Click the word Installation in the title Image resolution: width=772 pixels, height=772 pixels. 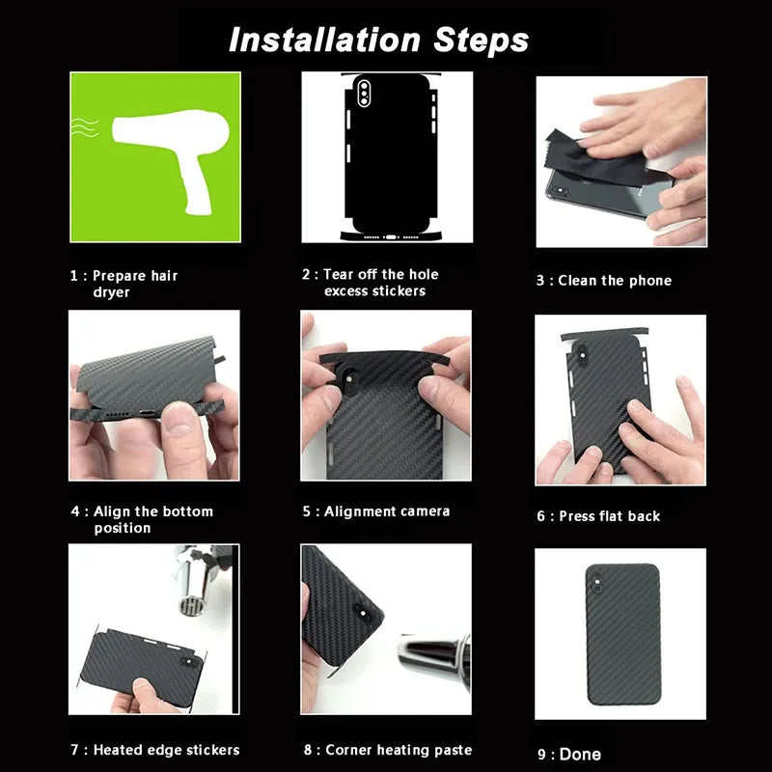click(x=324, y=40)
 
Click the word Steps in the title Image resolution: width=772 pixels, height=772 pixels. click(x=481, y=41)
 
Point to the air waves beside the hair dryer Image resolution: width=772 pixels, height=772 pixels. click(x=85, y=127)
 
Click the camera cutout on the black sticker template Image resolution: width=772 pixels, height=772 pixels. click(x=364, y=91)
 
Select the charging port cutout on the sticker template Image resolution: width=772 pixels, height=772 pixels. click(x=391, y=237)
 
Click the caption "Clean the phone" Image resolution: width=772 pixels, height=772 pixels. click(x=615, y=281)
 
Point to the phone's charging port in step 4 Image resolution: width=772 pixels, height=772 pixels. click(x=148, y=414)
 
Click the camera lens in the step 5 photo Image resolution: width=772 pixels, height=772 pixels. click(x=349, y=378)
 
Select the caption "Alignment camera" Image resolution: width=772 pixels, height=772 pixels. click(x=387, y=511)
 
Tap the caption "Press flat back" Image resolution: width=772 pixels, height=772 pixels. click(x=610, y=516)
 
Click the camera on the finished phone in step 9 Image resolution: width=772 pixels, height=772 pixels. click(x=596, y=583)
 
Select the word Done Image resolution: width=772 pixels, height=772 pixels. click(x=580, y=755)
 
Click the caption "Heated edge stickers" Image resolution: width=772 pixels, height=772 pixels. click(x=166, y=750)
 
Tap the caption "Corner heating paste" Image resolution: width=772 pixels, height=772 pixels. click(x=399, y=750)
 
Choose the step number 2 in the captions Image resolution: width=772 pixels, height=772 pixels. click(x=306, y=274)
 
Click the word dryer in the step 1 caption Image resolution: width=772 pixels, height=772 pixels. click(x=111, y=292)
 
